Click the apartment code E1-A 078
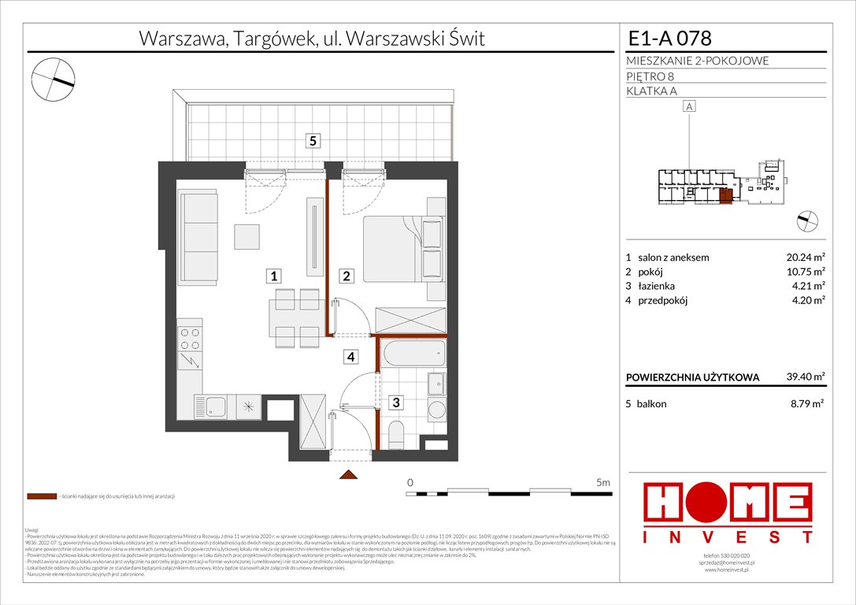pos(672,38)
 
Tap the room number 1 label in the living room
pos(272,276)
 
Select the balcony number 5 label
pos(313,141)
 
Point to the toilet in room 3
pos(397,433)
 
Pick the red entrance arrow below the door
pos(348,474)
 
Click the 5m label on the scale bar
pos(604,481)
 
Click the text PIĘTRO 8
pos(650,76)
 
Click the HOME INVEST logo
pos(728,512)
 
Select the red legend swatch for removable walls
pos(41,497)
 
